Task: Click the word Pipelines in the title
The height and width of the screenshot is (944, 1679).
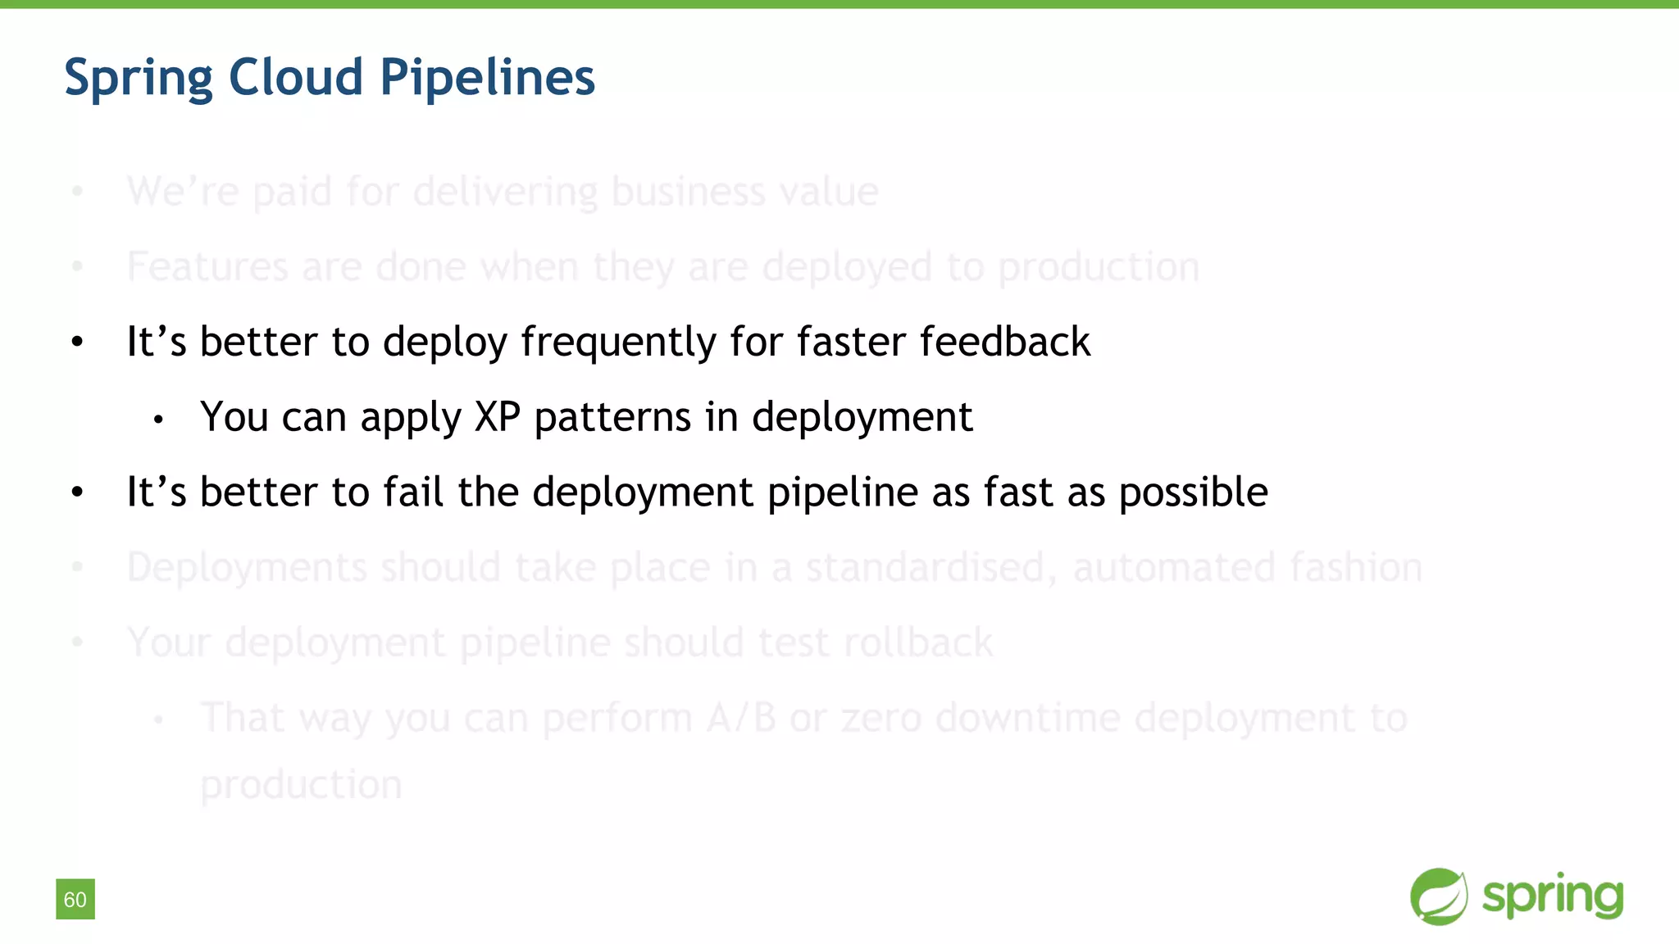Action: pos(487,78)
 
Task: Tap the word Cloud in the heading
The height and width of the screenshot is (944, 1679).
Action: pos(295,77)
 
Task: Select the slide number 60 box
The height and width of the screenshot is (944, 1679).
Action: pos(75,899)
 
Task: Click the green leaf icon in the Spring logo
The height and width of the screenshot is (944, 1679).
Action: pos(1439,896)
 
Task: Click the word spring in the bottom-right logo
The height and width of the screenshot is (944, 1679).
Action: pos(1553,896)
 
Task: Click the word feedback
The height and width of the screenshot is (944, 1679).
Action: pos(1004,342)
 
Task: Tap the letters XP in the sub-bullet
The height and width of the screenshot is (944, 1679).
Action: pos(498,417)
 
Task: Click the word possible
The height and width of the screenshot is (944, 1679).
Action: pos(1193,492)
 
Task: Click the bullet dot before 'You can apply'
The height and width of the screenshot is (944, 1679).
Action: pos(159,420)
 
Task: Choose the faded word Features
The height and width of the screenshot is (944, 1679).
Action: pos(207,266)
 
